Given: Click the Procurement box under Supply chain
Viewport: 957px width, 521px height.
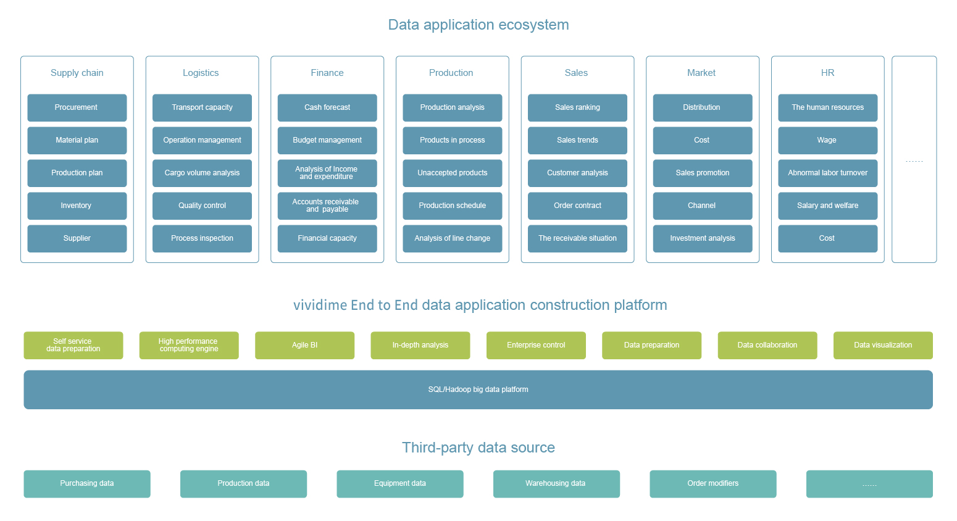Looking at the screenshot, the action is [x=77, y=107].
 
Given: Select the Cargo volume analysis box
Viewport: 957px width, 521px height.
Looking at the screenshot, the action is [x=202, y=173].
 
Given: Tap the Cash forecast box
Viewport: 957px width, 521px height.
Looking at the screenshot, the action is [x=327, y=107].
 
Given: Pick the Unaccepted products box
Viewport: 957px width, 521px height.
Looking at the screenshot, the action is [x=453, y=173].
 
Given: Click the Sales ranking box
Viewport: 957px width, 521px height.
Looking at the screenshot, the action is [x=578, y=107].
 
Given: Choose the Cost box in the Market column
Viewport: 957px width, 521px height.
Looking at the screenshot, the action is [x=703, y=141].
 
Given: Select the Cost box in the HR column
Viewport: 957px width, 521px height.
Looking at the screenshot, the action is [x=828, y=239].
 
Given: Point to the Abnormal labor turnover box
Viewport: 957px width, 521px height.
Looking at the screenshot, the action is [x=828, y=173].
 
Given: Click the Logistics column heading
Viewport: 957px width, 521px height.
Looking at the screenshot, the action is [x=201, y=73].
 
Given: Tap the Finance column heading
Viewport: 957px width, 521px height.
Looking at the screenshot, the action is [x=327, y=73].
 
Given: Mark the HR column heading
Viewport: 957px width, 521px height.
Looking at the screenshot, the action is [x=827, y=73].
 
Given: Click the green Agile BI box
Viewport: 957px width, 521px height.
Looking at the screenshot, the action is [x=304, y=346].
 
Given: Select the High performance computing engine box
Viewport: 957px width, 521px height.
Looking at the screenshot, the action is [x=189, y=346].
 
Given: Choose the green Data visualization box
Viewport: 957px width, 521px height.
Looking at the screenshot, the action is [x=883, y=346].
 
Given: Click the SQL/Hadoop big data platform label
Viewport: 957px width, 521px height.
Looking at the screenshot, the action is [x=478, y=390].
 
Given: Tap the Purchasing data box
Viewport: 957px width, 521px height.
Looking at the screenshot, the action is [x=87, y=484].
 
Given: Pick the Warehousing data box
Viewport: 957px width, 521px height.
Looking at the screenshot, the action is [x=557, y=484].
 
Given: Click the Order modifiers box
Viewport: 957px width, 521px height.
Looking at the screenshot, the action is [x=713, y=484].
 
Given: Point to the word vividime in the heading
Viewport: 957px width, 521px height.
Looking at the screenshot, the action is [x=320, y=305].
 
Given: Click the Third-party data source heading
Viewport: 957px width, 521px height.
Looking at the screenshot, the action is [x=478, y=448].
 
